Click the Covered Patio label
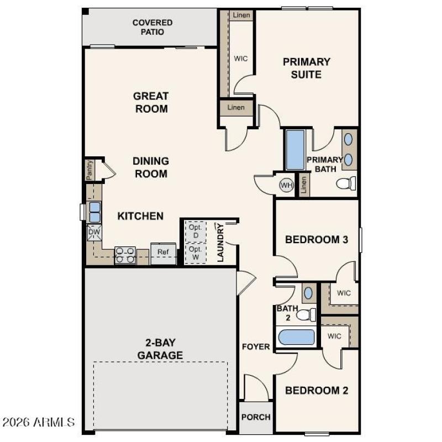[x=152, y=27]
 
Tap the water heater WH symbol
[x=286, y=185]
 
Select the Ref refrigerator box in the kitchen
[x=163, y=252]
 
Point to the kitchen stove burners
[x=125, y=255]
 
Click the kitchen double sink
[x=95, y=212]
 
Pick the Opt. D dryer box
[x=194, y=231]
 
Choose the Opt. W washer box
[x=194, y=253]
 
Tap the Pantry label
[x=90, y=170]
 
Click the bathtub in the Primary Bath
[x=295, y=150]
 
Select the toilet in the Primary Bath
[x=346, y=183]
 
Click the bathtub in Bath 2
[x=296, y=336]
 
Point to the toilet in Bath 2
[x=306, y=315]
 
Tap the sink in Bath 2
[x=308, y=293]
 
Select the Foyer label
[x=256, y=346]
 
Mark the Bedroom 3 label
[x=317, y=240]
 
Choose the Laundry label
[x=220, y=243]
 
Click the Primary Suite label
[x=307, y=68]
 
